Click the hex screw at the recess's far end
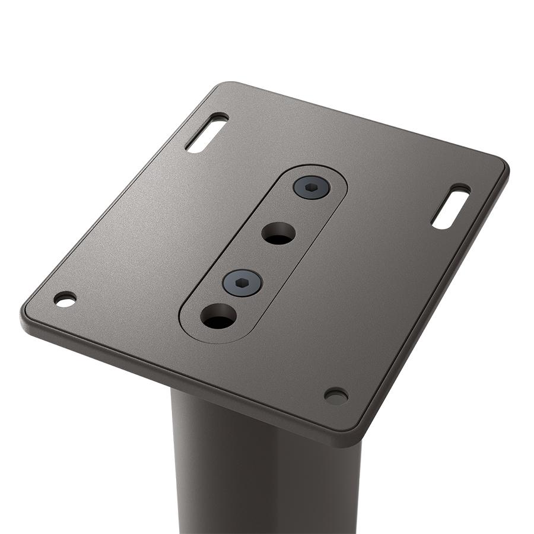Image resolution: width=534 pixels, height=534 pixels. click(x=311, y=187)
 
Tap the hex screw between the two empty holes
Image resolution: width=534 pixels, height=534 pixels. click(x=242, y=282)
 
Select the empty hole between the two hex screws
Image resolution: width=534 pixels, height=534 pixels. click(x=278, y=233)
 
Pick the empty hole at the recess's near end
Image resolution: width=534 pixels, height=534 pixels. click(x=218, y=316)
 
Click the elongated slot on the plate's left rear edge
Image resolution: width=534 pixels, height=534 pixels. click(x=206, y=133)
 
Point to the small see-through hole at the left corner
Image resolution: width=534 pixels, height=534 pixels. click(x=65, y=300)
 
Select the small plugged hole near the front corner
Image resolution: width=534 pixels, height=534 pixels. click(x=336, y=396)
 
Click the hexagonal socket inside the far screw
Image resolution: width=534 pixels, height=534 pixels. click(x=311, y=187)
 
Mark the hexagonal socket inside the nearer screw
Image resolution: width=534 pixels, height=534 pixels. click(x=242, y=283)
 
